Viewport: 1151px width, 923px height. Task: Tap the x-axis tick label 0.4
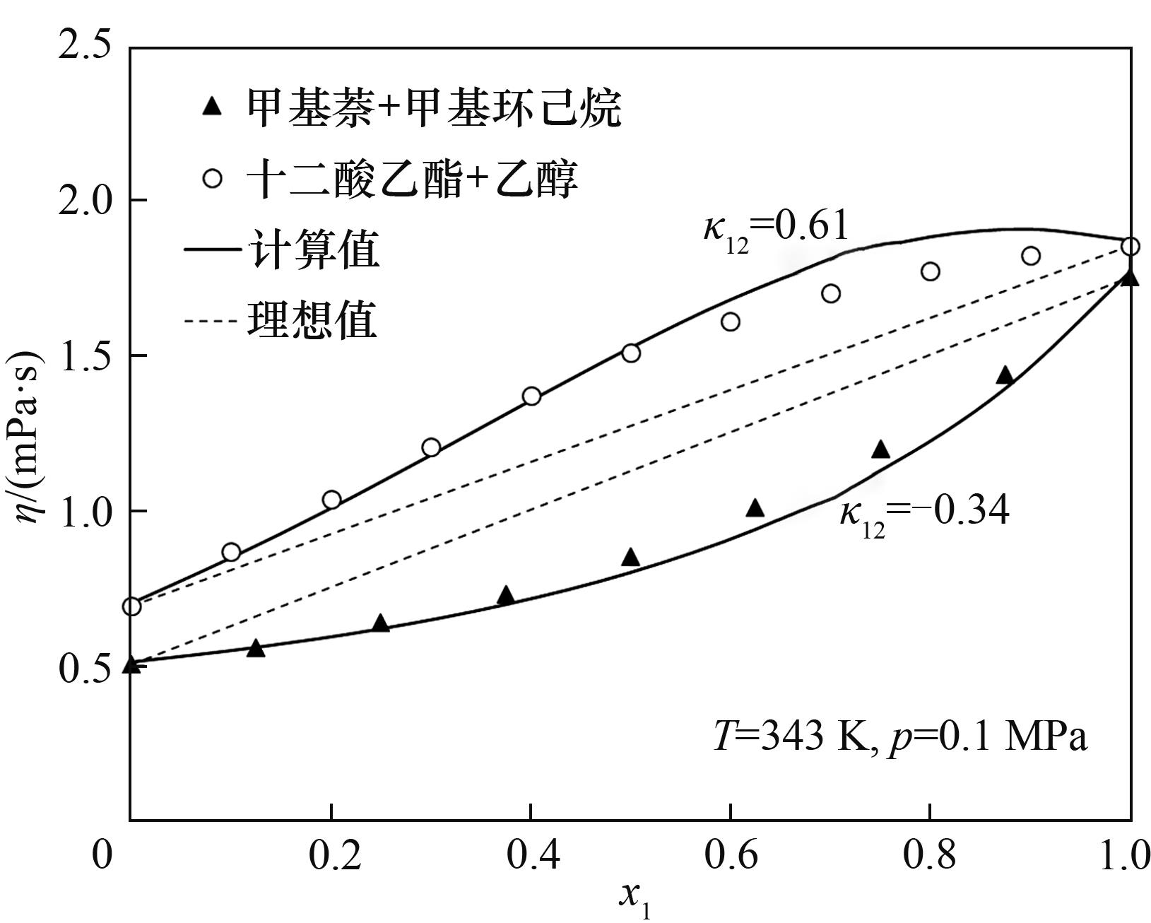tap(531, 856)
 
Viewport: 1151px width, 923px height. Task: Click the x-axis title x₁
tap(634, 898)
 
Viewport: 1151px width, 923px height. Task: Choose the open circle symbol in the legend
tap(212, 178)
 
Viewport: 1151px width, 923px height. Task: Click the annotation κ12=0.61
tap(775, 230)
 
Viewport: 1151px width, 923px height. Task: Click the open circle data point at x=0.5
tap(631, 353)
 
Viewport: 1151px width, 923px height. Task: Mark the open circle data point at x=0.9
tap(1031, 256)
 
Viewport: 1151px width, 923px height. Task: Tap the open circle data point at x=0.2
tap(331, 500)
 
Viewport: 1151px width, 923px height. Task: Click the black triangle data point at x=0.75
tap(880, 449)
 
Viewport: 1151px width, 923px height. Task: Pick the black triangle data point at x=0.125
tap(256, 648)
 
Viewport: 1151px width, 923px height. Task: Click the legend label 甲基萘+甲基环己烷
tap(434, 109)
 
